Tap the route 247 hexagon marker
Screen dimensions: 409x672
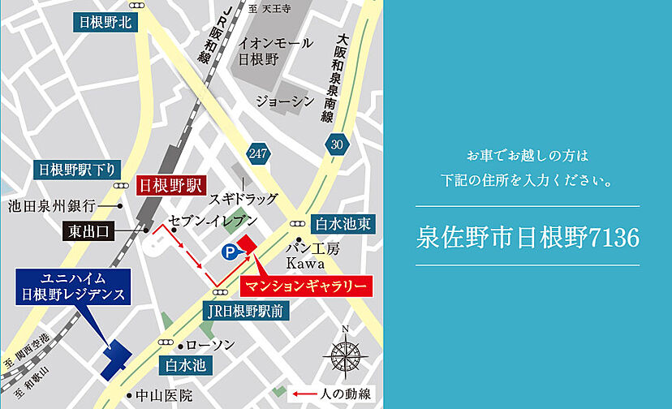259,153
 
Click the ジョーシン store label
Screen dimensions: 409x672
285,101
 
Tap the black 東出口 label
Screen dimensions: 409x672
88,231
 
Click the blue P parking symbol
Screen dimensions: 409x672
230,253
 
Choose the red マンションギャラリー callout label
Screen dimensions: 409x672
306,286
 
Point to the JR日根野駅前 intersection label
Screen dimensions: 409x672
244,312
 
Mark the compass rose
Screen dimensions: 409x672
346,354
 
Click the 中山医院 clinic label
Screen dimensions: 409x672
163,396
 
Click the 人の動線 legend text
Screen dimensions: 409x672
346,394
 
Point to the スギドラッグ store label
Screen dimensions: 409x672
243,198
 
